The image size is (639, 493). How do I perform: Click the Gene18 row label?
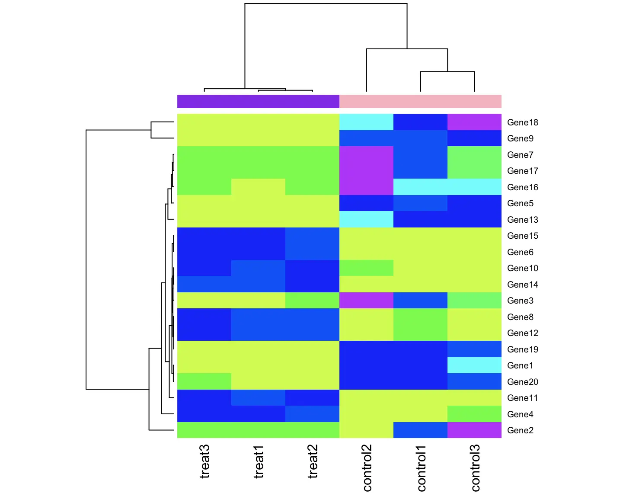pos(523,122)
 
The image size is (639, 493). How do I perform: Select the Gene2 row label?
pos(520,430)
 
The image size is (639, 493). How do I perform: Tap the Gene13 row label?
pos(523,220)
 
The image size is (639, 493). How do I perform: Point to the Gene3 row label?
pos(520,301)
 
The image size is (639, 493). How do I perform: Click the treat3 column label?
pos(204,461)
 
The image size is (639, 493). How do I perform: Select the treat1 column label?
pos(259,461)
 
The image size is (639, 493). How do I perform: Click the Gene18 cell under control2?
pos(366,122)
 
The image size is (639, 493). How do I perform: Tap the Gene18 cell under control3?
pos(474,122)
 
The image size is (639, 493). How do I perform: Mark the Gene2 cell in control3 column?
pos(474,430)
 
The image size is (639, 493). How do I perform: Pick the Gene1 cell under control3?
pos(474,365)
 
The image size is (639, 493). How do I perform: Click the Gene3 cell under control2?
pos(366,300)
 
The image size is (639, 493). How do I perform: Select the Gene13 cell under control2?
pos(366,219)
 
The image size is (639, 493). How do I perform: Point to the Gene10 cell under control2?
pos(366,268)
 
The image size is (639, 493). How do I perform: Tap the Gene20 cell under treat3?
pos(204,381)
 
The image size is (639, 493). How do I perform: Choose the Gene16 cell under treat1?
pos(258,187)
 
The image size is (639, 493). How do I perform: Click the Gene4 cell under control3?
pos(474,414)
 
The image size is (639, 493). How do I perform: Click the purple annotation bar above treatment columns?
pos(258,101)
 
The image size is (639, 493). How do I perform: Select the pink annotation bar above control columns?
pos(420,101)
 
